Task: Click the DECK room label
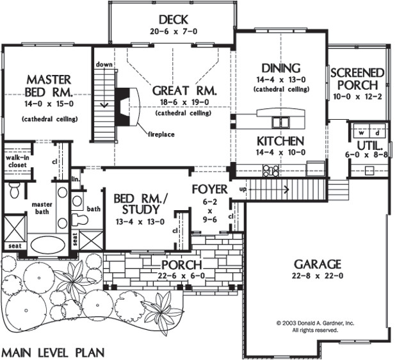point(174,19)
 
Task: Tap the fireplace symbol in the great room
point(127,106)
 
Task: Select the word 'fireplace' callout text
point(161,134)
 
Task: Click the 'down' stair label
point(104,65)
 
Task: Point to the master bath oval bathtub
point(47,245)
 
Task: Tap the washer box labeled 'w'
point(362,133)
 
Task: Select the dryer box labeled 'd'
point(377,133)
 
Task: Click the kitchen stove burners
point(271,170)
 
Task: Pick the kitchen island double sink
point(280,122)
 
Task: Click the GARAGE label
point(318,265)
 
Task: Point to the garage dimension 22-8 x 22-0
point(318,275)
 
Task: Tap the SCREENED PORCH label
point(357,79)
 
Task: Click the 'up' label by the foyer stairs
point(243,189)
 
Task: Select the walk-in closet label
point(17,161)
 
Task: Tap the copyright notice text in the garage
point(315,327)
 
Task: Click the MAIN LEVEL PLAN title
point(53,353)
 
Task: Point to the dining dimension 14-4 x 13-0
point(281,80)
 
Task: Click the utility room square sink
point(369,170)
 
